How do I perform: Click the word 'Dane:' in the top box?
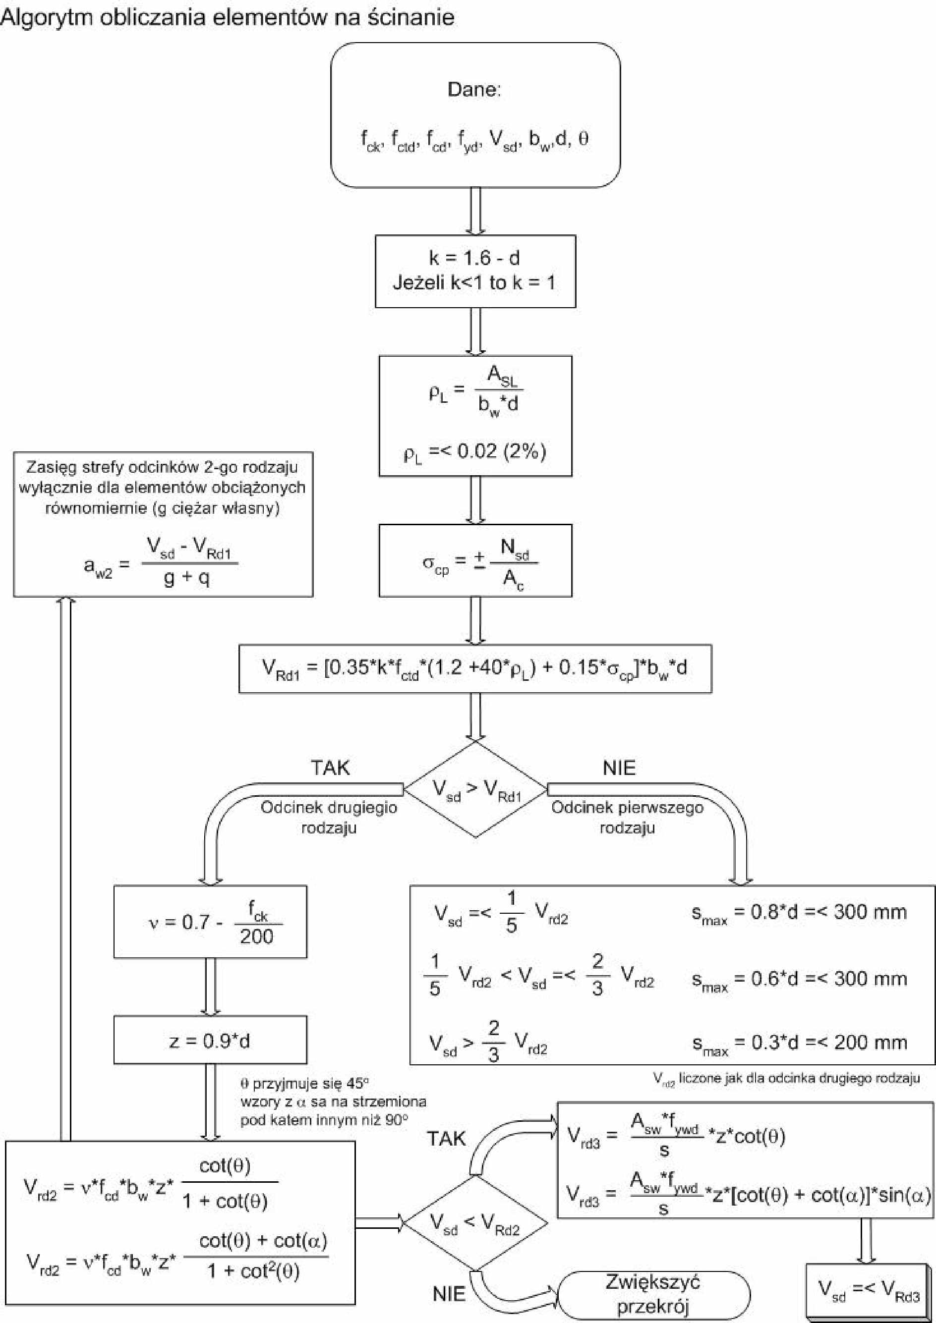pos(474,90)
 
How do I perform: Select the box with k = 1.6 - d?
pos(475,271)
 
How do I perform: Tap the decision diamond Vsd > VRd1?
pos(475,789)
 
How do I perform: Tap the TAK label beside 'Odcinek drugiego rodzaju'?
pos(330,768)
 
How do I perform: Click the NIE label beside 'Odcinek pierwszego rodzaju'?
pos(619,768)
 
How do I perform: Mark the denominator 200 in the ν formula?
pos(256,937)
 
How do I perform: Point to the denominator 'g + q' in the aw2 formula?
pos(186,577)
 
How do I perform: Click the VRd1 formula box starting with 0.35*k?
pos(475,668)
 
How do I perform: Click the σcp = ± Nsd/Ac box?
pos(475,560)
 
